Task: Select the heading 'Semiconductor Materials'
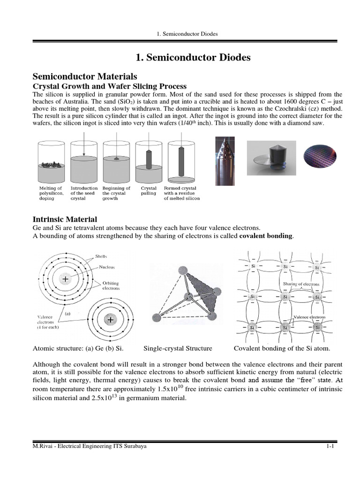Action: point(84,76)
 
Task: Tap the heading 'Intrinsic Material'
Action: point(64,219)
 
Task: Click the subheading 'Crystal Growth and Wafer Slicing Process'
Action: point(109,86)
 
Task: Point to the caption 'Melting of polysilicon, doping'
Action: point(50,193)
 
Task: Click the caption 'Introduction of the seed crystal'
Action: point(84,193)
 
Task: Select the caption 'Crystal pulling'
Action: point(149,191)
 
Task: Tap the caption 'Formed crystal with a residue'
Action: point(182,193)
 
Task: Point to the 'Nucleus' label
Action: point(106,267)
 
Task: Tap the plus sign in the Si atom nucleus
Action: point(110,320)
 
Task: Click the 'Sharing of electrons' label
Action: point(300,284)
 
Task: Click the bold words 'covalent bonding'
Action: point(266,236)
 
